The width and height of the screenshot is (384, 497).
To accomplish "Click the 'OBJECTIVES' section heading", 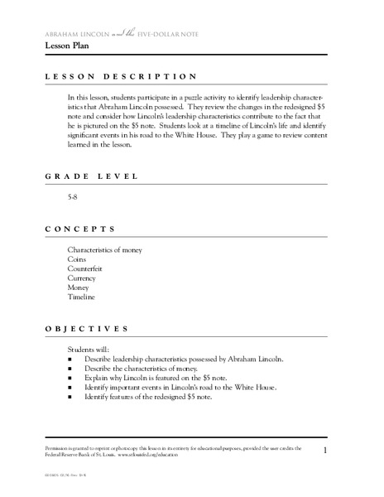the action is (85, 328).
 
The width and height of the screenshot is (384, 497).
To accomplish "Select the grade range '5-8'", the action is (74, 200).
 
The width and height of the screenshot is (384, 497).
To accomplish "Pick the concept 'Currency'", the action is (83, 279).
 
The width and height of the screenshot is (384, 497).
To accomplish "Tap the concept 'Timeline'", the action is (82, 297).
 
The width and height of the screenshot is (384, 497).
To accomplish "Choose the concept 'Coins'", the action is (77, 259).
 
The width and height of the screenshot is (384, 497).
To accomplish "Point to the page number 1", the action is (326, 450).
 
